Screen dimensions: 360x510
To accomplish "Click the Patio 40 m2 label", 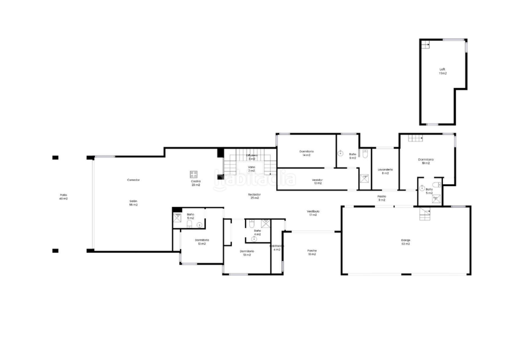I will point(63,197).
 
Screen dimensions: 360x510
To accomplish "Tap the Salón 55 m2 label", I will point(134,203).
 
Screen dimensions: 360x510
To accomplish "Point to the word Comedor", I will point(133,180).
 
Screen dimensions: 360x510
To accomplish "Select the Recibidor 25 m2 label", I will point(254,196).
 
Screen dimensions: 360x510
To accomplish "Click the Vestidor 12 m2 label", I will point(317,182).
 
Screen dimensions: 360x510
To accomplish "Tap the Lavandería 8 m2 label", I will point(385,171).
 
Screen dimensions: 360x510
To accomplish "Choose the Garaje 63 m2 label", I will point(405,242).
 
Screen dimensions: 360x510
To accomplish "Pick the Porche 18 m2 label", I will point(312,252).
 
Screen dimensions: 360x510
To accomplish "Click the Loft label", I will point(442,71).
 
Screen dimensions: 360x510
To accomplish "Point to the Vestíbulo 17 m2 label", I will point(313,213).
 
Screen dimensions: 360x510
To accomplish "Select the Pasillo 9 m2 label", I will point(382,198).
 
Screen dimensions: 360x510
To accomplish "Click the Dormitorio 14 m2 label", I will point(306,154).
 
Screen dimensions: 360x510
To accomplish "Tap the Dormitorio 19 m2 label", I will point(426,161).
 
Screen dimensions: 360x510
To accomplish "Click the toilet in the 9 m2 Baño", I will point(365,154).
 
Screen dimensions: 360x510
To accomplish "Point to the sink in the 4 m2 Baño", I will point(254,239).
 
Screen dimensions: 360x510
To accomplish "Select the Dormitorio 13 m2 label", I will point(202,241).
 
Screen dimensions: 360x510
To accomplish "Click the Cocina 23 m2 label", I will point(196,183).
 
